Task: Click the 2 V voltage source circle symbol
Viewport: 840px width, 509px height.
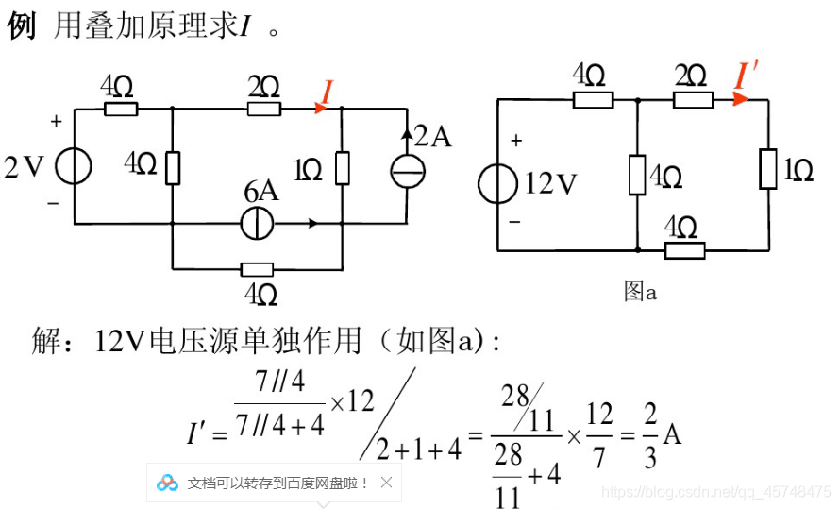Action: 74,167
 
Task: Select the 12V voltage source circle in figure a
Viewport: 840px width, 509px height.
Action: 497,183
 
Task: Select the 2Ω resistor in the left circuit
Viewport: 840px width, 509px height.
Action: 264,109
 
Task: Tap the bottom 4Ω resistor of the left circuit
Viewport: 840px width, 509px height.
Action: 257,269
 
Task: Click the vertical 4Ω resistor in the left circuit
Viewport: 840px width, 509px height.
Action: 173,167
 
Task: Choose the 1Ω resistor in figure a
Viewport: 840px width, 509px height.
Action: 768,170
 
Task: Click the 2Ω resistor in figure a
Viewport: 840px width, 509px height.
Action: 692,99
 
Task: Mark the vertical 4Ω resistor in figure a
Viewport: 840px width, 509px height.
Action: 638,176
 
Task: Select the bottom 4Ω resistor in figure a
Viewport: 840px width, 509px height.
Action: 684,250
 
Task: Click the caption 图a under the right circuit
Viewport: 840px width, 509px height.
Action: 640,292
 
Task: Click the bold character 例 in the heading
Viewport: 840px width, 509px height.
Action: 21,26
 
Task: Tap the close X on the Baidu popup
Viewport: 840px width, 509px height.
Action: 386,483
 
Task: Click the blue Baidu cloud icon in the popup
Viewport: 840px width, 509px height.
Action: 168,483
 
